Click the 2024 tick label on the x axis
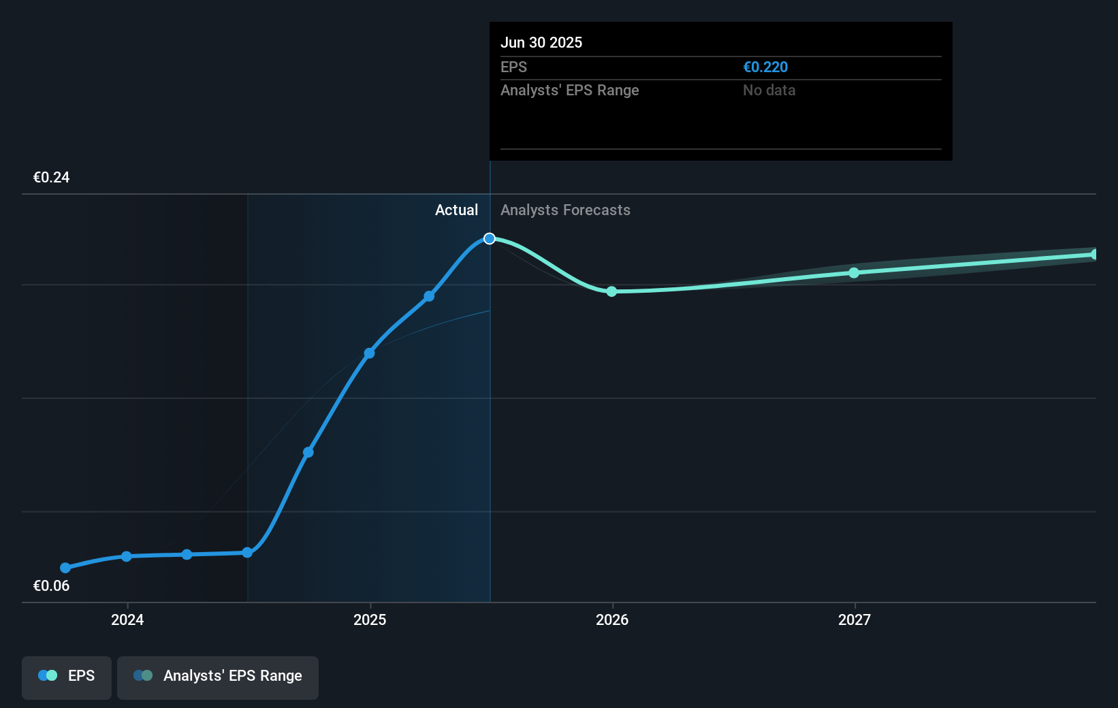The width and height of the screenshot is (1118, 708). click(x=127, y=619)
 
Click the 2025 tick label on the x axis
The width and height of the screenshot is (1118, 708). click(x=370, y=619)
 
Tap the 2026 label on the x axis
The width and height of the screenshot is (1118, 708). click(x=612, y=619)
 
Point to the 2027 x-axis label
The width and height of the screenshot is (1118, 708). click(x=855, y=619)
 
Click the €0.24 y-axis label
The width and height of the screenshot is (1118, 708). click(x=51, y=178)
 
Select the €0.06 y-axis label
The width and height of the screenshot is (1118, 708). click(x=51, y=586)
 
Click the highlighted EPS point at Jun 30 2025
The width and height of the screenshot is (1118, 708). click(x=490, y=238)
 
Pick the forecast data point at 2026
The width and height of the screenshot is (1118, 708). click(x=611, y=291)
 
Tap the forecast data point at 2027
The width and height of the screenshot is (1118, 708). click(x=854, y=273)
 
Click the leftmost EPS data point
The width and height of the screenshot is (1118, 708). click(x=65, y=568)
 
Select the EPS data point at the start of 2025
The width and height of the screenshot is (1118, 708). click(x=369, y=353)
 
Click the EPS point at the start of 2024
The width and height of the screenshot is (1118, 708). click(x=127, y=556)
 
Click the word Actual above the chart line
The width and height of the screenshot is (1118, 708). click(x=456, y=210)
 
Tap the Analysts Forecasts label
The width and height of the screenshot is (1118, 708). click(x=565, y=210)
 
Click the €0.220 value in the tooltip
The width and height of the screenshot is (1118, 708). click(x=765, y=67)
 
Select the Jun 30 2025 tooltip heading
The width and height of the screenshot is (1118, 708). click(x=541, y=43)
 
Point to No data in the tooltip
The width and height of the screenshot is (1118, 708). click(x=769, y=91)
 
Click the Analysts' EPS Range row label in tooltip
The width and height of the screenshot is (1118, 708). click(x=569, y=91)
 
